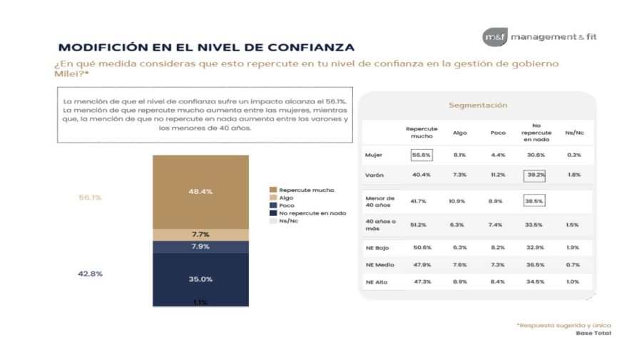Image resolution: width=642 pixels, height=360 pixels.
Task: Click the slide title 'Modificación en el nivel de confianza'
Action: pos(206,48)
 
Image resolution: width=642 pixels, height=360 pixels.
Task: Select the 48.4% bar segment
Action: pos(200,191)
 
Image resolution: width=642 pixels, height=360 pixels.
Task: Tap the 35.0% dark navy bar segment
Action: pos(200,279)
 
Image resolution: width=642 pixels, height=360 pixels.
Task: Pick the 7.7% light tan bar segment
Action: pos(200,235)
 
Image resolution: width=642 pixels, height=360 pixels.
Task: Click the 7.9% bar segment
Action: pos(200,247)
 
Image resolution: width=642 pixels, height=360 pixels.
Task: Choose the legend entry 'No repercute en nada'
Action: pos(312,212)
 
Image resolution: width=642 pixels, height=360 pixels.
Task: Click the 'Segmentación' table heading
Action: pos(477,106)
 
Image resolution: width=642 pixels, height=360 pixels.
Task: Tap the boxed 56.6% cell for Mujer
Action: pos(422,155)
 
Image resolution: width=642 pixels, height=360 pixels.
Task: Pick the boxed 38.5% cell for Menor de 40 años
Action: pos(533,202)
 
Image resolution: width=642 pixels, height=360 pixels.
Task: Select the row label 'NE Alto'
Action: pos(377,282)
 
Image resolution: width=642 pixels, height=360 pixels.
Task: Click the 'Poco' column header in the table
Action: pos(497,133)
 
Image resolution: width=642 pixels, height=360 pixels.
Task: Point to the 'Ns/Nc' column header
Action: pos(574,133)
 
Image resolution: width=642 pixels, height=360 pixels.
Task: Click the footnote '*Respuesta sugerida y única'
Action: pos(564,325)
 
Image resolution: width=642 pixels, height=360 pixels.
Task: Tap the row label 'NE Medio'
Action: pos(379,264)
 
